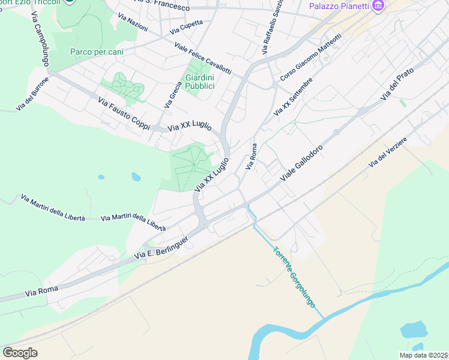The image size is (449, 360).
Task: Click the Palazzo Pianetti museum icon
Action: [378, 7]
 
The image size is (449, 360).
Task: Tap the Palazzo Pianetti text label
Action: [339, 7]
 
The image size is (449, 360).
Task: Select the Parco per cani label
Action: [97, 52]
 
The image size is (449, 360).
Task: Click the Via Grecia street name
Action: [172, 95]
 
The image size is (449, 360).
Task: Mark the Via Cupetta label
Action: [186, 27]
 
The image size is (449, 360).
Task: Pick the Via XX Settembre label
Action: [293, 97]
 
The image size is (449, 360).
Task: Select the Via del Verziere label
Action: [388, 152]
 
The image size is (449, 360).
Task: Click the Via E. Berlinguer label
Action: [161, 248]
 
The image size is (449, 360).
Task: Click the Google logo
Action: [20, 353]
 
